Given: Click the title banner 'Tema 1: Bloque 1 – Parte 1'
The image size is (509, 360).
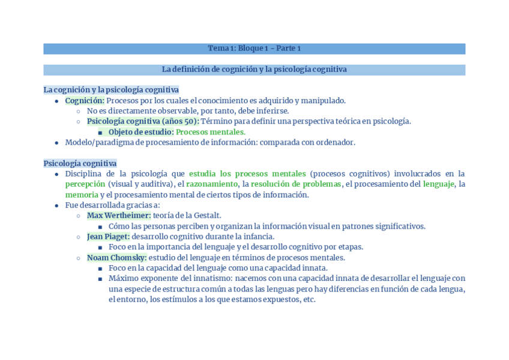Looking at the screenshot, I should point(254,49).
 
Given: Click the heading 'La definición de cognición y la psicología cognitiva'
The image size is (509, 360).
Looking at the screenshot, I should point(254,70).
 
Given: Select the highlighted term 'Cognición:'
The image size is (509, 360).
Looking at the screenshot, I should point(85,101).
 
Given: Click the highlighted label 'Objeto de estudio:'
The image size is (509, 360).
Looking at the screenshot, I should point(141,132).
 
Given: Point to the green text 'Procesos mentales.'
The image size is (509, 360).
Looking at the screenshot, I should point(211,132).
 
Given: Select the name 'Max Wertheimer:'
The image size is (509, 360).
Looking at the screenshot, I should point(119,215).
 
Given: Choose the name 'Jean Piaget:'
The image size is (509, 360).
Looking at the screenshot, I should point(108,237).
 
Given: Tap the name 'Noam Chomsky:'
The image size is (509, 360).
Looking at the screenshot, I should point(116,258).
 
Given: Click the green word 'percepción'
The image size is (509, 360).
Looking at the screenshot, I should point(85,184).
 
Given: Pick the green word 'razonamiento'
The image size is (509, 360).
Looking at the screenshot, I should point(211,184).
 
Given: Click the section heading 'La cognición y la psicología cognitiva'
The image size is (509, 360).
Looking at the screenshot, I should point(111,90).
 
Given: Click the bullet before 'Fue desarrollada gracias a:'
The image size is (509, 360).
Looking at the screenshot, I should point(56,205).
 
